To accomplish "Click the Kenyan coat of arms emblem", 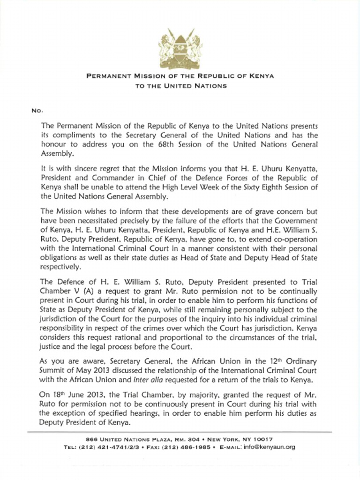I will click(180, 48).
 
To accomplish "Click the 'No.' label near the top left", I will click(37, 111).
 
